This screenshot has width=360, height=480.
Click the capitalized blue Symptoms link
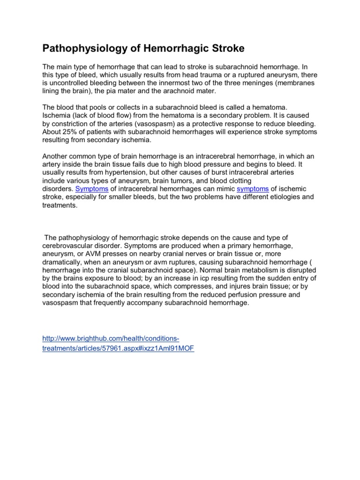tap(92, 188)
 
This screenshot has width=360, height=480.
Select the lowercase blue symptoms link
tap(253, 188)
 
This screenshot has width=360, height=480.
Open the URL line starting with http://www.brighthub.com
tap(111, 338)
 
